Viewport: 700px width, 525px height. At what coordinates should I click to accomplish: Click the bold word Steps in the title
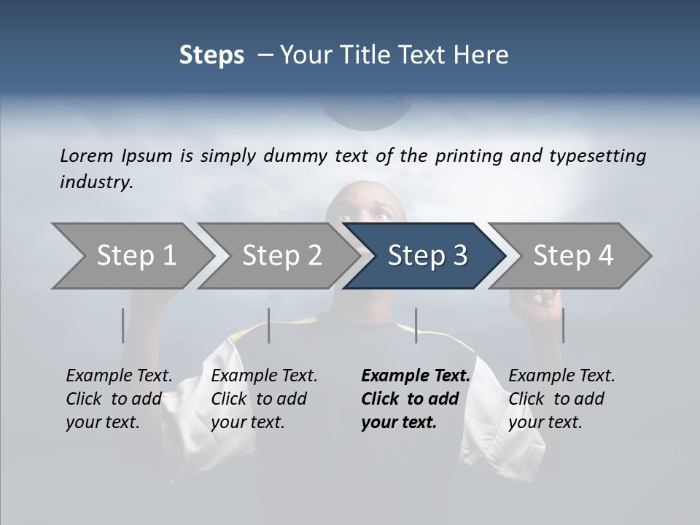click(x=211, y=55)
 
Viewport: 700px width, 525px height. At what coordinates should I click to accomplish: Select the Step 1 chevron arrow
click(x=131, y=256)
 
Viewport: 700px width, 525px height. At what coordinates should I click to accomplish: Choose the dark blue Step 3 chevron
click(x=427, y=256)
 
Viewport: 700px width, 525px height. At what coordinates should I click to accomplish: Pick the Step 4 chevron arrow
click(x=572, y=256)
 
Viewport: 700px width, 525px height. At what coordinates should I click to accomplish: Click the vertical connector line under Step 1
click(x=122, y=325)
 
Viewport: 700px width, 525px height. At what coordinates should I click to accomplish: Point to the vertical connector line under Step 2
click(x=269, y=325)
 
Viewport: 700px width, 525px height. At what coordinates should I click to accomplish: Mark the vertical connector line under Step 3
click(x=416, y=325)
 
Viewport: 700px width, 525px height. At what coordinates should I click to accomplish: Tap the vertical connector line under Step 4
click(x=563, y=325)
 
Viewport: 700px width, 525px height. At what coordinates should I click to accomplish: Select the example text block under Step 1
click(x=119, y=399)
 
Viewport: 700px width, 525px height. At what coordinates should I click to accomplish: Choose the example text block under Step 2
click(x=264, y=399)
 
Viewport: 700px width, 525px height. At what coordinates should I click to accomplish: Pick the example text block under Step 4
click(x=561, y=399)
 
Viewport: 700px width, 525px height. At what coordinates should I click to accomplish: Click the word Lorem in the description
click(x=87, y=155)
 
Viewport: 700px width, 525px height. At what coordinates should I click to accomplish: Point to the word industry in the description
click(x=96, y=182)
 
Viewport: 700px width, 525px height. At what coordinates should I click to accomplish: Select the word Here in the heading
click(x=484, y=55)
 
